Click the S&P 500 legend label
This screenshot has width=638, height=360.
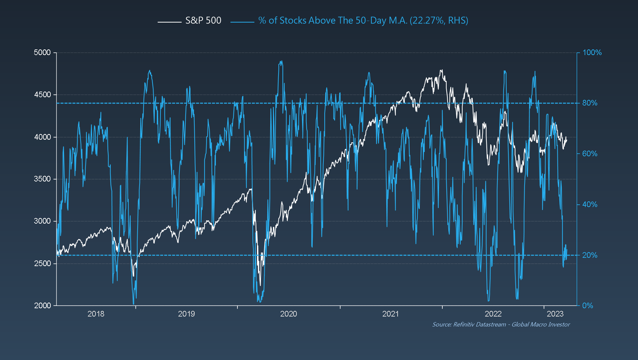[203, 21]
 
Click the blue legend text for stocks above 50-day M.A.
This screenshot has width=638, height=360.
[363, 21]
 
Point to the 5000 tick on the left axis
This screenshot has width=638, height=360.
[42, 52]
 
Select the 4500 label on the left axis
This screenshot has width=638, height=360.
[42, 95]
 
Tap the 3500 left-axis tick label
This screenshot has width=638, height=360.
[42, 179]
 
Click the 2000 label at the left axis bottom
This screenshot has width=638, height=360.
[42, 306]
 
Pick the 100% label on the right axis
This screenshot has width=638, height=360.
[592, 52]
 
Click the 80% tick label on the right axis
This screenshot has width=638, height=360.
[590, 103]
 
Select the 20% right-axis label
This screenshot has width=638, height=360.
[590, 255]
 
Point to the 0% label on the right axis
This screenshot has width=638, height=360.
[588, 306]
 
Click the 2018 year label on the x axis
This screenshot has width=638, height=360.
[96, 314]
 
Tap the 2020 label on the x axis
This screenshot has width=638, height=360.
[288, 314]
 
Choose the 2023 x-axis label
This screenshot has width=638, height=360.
[555, 314]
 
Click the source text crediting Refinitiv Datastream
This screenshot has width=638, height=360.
[501, 324]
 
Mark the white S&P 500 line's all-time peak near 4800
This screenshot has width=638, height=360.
[441, 70]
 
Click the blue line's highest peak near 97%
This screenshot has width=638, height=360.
[281, 61]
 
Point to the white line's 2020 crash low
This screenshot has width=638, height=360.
[260, 285]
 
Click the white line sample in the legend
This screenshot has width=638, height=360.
[169, 22]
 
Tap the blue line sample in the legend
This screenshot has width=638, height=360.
[242, 22]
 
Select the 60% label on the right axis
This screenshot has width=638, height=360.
[590, 154]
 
